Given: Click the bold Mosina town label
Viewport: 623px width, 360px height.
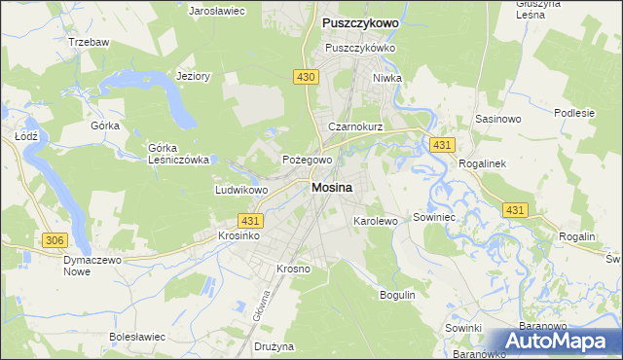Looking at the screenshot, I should tap(332, 189).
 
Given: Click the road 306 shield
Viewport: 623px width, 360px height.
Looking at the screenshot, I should tap(54, 238).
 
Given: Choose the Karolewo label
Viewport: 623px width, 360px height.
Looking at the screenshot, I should tap(376, 222).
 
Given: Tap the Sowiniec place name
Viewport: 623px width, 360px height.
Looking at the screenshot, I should tap(435, 218).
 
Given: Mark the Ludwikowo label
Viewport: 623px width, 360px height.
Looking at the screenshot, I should tap(240, 191).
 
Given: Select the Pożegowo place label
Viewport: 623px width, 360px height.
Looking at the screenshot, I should tap(308, 160).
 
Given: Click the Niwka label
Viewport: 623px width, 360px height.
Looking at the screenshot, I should tap(386, 79).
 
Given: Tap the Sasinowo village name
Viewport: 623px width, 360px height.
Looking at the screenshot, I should tap(499, 118).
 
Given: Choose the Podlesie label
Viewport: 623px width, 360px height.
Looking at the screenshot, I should tap(574, 113).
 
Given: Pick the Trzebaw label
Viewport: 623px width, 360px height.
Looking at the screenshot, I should tap(88, 43).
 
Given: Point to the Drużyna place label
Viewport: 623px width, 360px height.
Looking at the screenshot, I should tap(274, 346).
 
